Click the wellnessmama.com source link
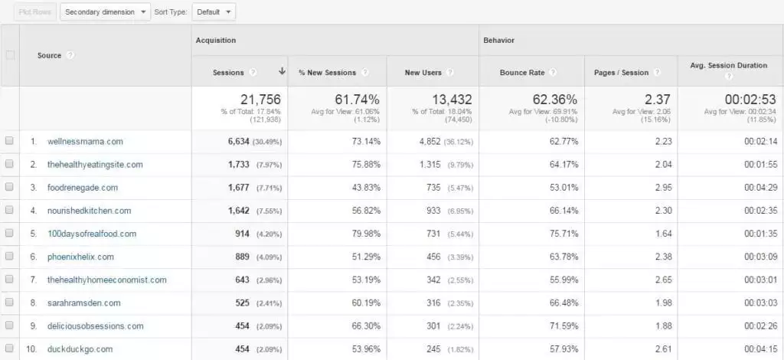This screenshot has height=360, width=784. (85, 142)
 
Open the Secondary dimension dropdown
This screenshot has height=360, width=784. (105, 12)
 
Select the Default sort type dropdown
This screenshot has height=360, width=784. (214, 12)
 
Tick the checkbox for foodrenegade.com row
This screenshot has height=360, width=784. (9, 188)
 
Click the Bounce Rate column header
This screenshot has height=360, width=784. (523, 73)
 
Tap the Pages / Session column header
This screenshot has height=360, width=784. (621, 73)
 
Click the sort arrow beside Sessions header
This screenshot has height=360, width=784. (282, 72)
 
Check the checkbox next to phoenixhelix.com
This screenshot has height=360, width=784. (9, 257)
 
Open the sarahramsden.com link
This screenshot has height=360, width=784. (84, 303)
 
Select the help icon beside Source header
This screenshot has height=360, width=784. (70, 56)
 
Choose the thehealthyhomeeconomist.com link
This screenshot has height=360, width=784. (106, 280)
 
